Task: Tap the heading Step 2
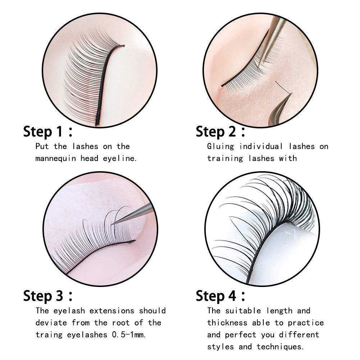(220, 132)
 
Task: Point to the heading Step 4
(221, 296)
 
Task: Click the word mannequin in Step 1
(56, 158)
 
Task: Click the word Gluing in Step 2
(220, 146)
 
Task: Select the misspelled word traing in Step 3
(49, 334)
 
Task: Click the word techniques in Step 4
(281, 347)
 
